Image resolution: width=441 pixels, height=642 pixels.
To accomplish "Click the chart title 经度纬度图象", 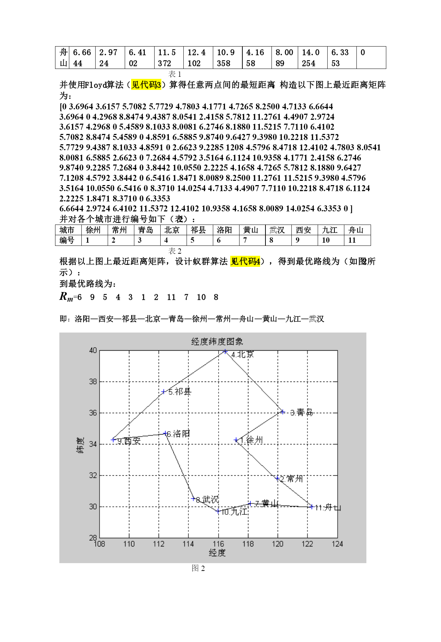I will pyautogui.click(x=217, y=341).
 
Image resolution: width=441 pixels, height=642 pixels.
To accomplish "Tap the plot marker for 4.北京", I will pyautogui.click(x=225, y=351).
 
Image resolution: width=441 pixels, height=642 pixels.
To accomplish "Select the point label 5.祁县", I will pyautogui.click(x=180, y=392).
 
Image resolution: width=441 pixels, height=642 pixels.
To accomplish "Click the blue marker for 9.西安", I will pyautogui.click(x=113, y=440).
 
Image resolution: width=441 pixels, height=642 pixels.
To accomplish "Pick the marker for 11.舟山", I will pyautogui.click(x=312, y=507).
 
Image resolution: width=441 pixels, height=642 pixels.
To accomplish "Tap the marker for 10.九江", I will pyautogui.click(x=218, y=511).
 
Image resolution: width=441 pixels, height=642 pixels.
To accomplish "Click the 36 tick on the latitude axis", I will pyautogui.click(x=93, y=413).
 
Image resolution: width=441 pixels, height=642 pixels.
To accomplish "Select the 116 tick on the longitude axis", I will pyautogui.click(x=218, y=544).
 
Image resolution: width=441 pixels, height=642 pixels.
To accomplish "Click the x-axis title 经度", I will pyautogui.click(x=217, y=553).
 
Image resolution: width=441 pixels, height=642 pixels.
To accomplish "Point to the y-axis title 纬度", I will pyautogui.click(x=81, y=445).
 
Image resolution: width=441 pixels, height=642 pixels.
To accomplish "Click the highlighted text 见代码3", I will pyautogui.click(x=146, y=85).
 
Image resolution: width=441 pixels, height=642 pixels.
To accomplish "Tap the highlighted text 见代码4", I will pyautogui.click(x=245, y=261).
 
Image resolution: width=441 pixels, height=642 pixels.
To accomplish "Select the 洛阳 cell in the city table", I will pyautogui.click(x=224, y=230).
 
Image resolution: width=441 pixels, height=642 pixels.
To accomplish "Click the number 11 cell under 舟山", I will pyautogui.click(x=352, y=241).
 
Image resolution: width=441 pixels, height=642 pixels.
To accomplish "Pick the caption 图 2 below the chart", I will pyautogui.click(x=198, y=568).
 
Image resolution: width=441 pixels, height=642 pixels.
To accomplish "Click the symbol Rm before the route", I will pyautogui.click(x=66, y=297).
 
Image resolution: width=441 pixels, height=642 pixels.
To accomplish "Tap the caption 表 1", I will pyautogui.click(x=174, y=74).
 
